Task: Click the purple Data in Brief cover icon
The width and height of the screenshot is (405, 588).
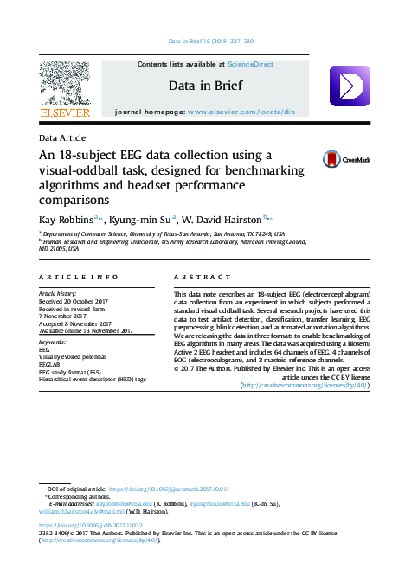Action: (x=350, y=86)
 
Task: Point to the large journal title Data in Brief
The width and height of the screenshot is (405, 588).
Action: (x=202, y=86)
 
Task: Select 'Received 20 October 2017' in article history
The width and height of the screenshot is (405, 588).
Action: (x=79, y=301)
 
